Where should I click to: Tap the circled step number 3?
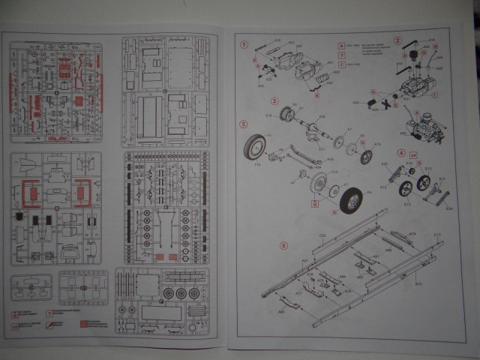275,100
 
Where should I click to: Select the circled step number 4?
401,153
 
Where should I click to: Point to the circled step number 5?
243,124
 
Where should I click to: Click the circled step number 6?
283,245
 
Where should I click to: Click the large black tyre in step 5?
350,200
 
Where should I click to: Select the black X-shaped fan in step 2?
388,102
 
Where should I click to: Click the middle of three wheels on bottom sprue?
180,292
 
